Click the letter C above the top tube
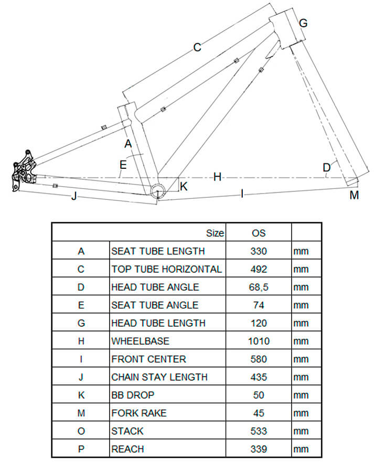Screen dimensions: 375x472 click(197, 47)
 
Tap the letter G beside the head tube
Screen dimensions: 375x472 click(303, 23)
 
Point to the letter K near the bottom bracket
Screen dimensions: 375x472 click(184, 186)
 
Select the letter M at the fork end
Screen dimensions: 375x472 click(354, 195)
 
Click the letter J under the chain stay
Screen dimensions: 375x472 click(74, 196)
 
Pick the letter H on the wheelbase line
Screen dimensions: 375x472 click(217, 177)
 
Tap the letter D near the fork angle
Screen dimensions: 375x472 click(327, 167)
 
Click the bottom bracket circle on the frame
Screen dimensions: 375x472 click(158, 190)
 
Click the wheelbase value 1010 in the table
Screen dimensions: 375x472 click(259, 341)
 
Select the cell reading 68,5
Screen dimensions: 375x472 click(259, 287)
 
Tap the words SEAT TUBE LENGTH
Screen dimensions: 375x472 click(158, 251)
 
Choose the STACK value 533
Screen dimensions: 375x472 click(259, 431)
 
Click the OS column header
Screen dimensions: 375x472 click(259, 233)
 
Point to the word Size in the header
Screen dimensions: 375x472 click(215, 233)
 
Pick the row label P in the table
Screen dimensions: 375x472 click(81, 449)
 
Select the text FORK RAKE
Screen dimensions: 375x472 click(139, 413)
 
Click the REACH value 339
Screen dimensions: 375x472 click(259, 449)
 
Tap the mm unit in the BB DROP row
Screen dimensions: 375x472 click(301, 395)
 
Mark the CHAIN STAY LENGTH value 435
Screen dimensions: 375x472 click(259, 377)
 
